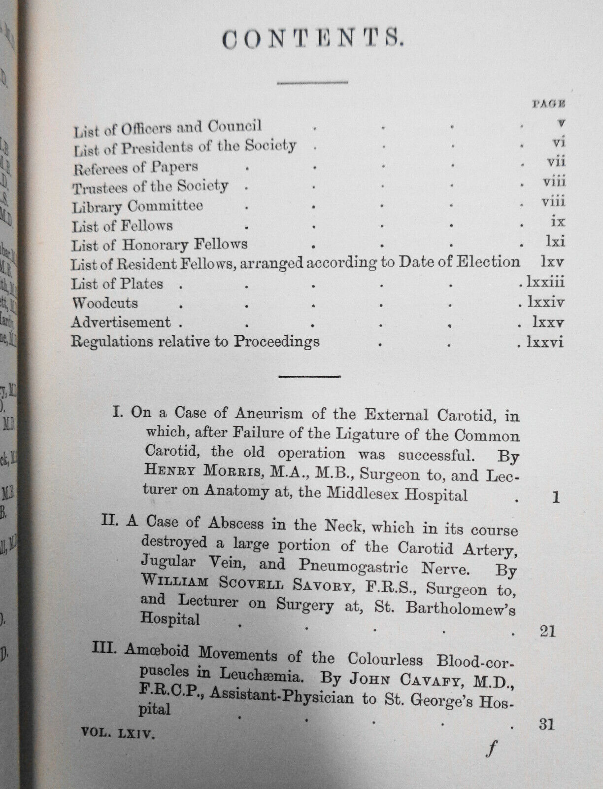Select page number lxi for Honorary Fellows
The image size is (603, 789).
[x=555, y=242]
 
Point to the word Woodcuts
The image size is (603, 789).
[x=104, y=303]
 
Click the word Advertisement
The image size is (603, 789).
[x=121, y=322]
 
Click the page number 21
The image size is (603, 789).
[x=547, y=631]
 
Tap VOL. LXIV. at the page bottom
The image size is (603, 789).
[x=118, y=734]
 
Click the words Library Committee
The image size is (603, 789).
[x=137, y=206]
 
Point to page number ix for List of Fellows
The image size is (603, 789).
[x=558, y=221]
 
